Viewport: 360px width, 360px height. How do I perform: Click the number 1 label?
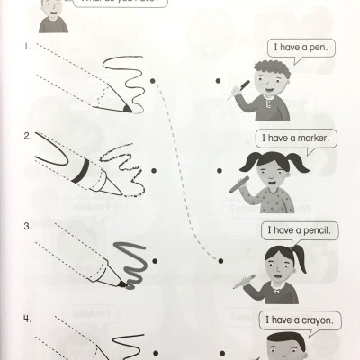pyautogui.click(x=30, y=44)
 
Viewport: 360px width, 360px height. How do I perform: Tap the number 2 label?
pyautogui.click(x=30, y=137)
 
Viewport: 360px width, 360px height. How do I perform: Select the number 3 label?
pyautogui.click(x=30, y=225)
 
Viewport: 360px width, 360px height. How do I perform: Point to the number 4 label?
pyautogui.click(x=30, y=318)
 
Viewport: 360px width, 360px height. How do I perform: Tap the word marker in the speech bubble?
pyautogui.click(x=312, y=139)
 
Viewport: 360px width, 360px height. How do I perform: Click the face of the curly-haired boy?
pyautogui.click(x=267, y=82)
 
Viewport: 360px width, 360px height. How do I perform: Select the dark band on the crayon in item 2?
pyautogui.click(x=78, y=169)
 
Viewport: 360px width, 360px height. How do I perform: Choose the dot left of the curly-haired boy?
pyautogui.click(x=219, y=81)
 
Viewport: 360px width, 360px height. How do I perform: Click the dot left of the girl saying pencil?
pyautogui.click(x=219, y=261)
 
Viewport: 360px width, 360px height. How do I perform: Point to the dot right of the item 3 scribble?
pyautogui.click(x=156, y=261)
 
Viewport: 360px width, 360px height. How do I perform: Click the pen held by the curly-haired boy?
pyautogui.click(x=241, y=87)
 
